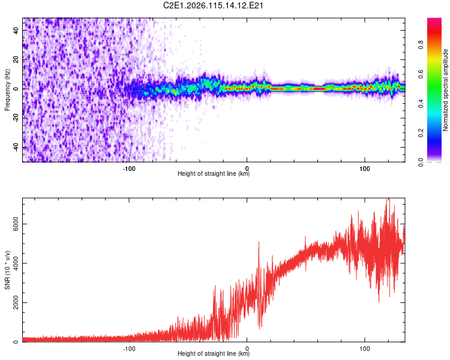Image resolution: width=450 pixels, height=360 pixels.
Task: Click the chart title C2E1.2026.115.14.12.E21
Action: coord(214,5)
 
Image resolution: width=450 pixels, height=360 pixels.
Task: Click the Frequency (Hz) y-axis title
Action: coord(7,89)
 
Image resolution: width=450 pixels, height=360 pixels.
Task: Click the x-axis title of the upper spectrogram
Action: coord(214,174)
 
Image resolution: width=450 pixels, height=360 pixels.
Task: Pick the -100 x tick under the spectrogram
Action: coord(129,168)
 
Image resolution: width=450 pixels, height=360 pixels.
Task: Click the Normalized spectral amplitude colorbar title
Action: coord(446,89)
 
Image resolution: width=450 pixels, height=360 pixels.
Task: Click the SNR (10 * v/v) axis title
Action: coord(7,271)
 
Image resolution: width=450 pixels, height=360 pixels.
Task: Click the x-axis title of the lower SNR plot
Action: coord(214,354)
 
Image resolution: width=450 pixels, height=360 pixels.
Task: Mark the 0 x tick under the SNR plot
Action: coord(247,348)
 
